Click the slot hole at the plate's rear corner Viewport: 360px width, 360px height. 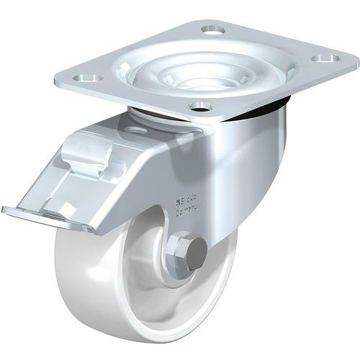coord(212,31)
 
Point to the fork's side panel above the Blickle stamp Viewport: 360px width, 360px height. coord(216,166)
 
